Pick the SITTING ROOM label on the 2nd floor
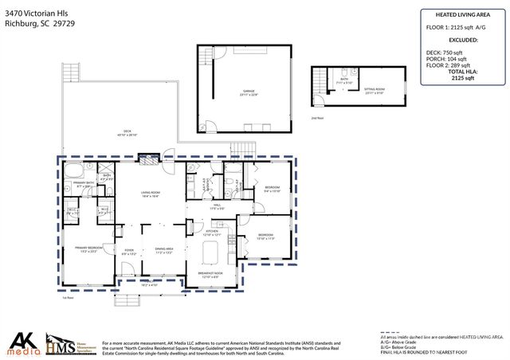tap(375, 90)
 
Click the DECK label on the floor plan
tap(127, 133)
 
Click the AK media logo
tap(20, 342)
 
